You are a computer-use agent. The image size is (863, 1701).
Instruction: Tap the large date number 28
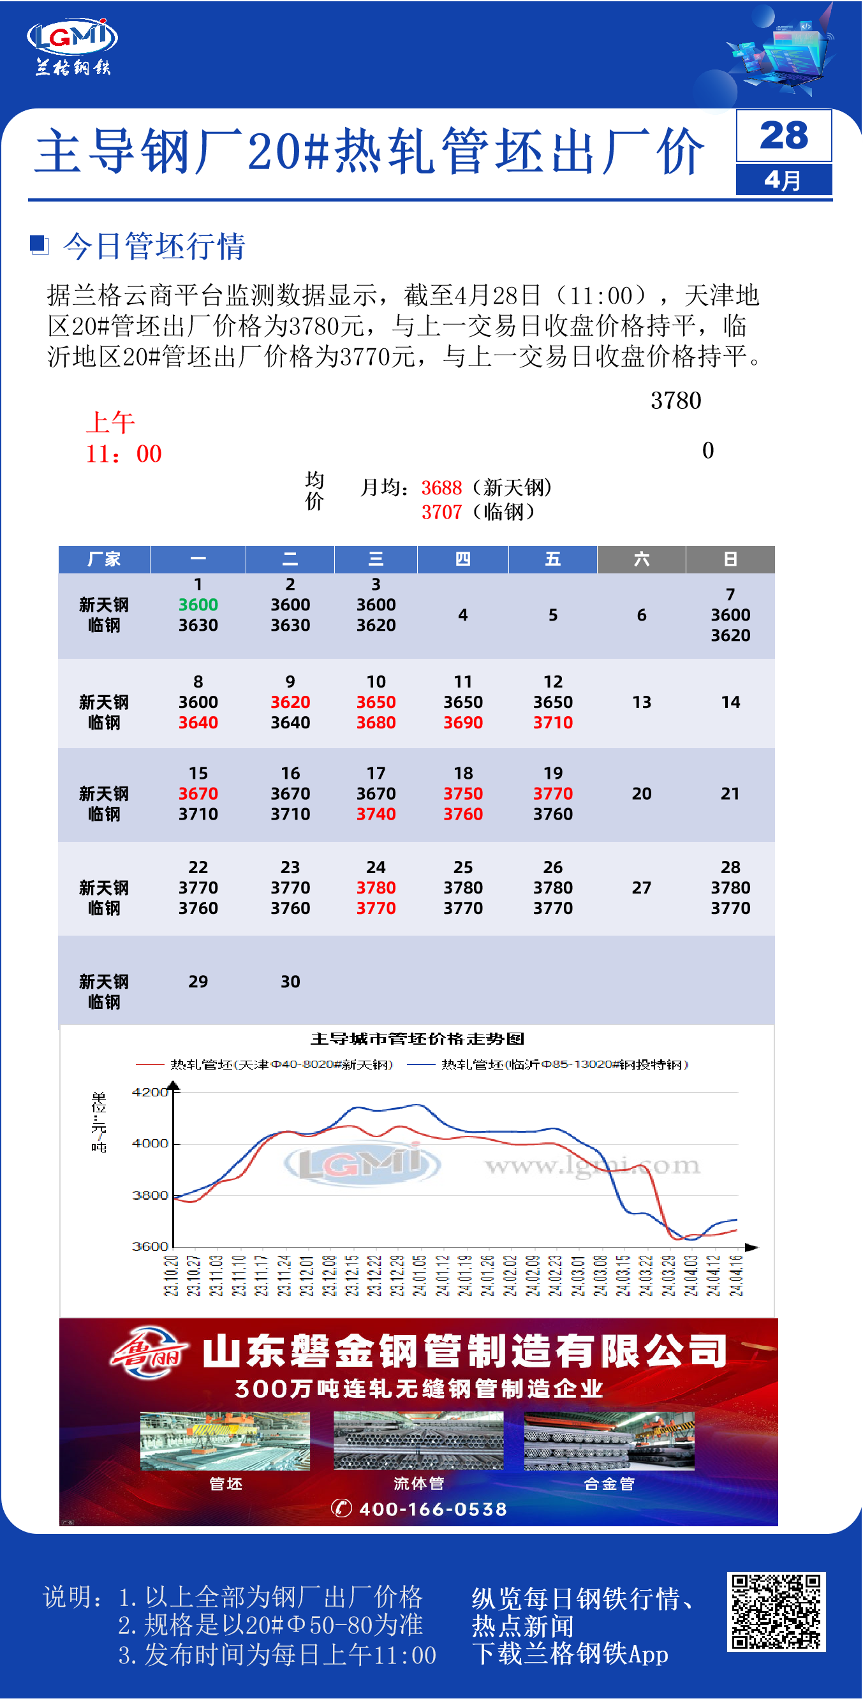pos(784,135)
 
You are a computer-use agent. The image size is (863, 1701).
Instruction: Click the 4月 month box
pos(784,180)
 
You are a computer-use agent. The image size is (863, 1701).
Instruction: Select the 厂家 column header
pos(105,559)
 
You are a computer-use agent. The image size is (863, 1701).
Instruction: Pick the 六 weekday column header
pos(642,559)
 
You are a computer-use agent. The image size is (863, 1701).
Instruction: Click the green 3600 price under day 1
pos(198,605)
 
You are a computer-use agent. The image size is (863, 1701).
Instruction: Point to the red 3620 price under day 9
pos(290,702)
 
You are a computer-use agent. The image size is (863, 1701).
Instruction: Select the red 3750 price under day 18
pos(464,793)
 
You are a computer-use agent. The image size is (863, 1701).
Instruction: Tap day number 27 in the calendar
pos(642,887)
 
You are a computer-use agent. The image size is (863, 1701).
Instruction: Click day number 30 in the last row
pos(290,982)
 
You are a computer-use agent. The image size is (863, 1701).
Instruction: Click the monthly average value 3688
pos(442,488)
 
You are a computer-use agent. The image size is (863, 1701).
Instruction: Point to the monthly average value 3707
pos(442,512)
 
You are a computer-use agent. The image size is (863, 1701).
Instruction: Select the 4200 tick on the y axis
pos(150,1093)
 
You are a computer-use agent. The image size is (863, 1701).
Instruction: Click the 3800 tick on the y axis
pos(150,1196)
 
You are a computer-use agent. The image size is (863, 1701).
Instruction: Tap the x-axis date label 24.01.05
pos(419,1276)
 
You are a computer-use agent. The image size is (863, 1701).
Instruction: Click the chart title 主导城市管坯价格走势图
pos(417,1040)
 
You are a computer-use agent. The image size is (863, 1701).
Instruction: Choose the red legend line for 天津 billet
pos(149,1064)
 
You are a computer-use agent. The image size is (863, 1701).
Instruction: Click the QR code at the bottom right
pos(776,1612)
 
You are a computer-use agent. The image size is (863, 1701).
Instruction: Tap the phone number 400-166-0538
pos(432,1510)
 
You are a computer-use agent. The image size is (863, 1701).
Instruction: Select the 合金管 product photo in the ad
pos(609,1441)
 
